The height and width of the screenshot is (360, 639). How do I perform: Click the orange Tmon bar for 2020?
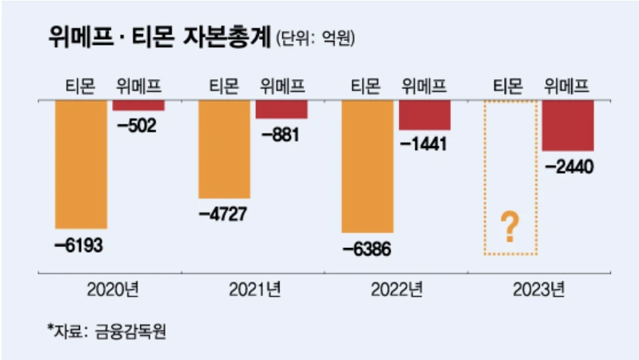pyautogui.click(x=80, y=164)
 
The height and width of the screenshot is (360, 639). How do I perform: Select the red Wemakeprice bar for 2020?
pyautogui.click(x=138, y=105)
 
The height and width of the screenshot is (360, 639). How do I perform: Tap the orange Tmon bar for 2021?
pyautogui.click(x=224, y=149)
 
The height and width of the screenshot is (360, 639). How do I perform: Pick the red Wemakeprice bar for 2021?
pyautogui.click(x=282, y=109)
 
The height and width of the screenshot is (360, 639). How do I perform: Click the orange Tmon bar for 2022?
pyautogui.click(x=367, y=166)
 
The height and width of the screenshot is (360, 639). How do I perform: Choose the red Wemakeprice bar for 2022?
pyautogui.click(x=425, y=114)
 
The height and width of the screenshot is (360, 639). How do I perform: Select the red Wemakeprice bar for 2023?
pyautogui.click(x=568, y=125)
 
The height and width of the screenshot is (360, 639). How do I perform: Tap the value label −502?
pyautogui.click(x=138, y=126)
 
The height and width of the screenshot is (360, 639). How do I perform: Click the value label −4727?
pyautogui.click(x=223, y=214)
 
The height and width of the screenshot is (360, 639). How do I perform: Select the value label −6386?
pyautogui.click(x=367, y=248)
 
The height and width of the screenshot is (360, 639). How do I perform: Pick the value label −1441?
pyautogui.click(x=425, y=145)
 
